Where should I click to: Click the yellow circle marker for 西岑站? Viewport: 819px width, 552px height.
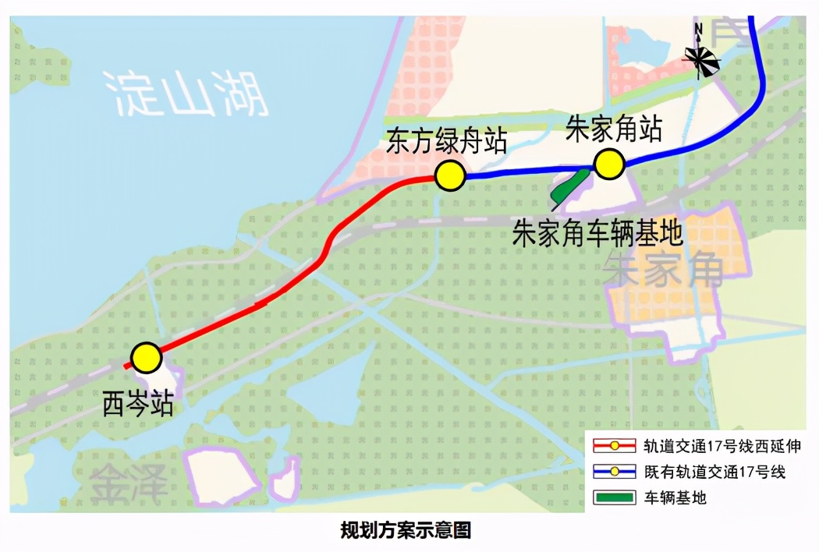tap(146, 358)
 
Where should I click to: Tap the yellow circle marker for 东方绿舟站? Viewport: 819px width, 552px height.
tap(450, 176)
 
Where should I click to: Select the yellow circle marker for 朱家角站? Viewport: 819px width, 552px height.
tap(608, 165)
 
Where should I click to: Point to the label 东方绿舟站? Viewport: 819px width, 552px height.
tap(447, 143)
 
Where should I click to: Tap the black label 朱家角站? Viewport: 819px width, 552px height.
tap(614, 129)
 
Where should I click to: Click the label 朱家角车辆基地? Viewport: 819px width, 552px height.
tap(597, 232)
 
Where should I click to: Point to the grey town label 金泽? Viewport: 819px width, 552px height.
tap(129, 483)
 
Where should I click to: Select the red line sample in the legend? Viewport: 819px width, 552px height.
tap(615, 447)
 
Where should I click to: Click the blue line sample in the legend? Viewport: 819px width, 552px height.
tap(615, 472)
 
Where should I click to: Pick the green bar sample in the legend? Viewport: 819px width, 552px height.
tap(615, 497)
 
